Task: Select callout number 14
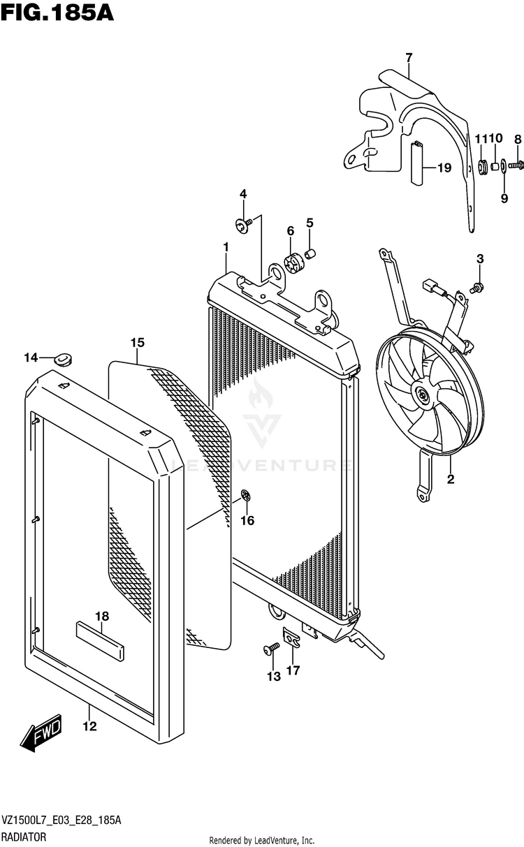(30, 358)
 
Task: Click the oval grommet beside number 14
(64, 360)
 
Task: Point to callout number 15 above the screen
(137, 342)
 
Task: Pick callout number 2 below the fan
(450, 479)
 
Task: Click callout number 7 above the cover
(409, 57)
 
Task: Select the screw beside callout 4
(242, 226)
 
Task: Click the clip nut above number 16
(245, 496)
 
